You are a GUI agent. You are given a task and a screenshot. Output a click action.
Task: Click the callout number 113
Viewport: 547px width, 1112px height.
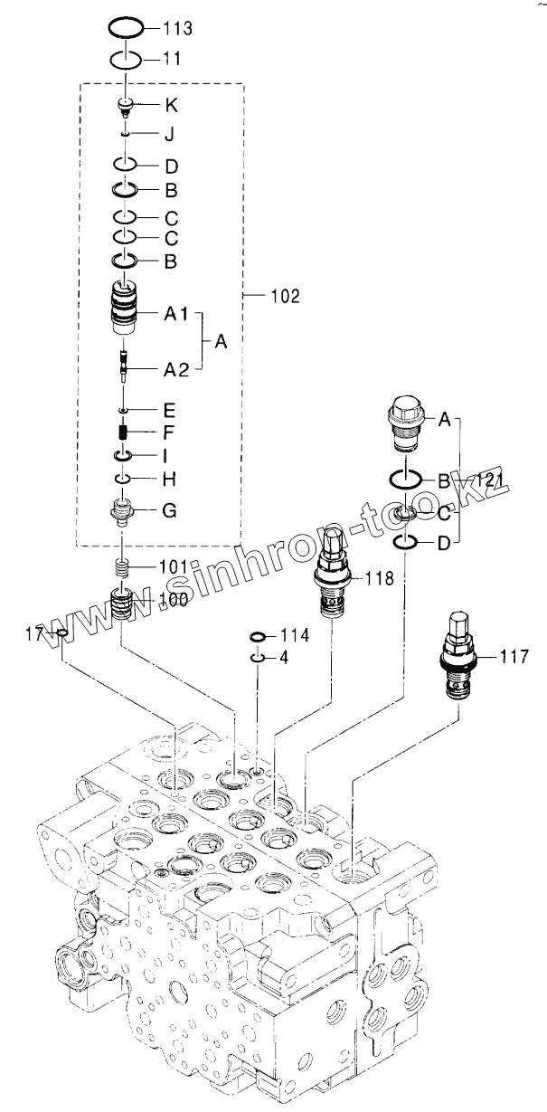(x=177, y=29)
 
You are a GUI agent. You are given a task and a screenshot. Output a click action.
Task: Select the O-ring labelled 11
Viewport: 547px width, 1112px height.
(x=126, y=60)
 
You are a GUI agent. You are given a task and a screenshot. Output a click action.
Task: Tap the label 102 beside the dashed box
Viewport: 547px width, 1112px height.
(x=285, y=295)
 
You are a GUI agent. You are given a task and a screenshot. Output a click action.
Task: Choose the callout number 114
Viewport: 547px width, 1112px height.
(x=294, y=636)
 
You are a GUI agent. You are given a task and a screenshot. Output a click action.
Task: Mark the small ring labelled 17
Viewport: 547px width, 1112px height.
(x=61, y=633)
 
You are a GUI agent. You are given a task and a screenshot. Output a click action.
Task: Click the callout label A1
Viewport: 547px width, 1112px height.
(x=174, y=315)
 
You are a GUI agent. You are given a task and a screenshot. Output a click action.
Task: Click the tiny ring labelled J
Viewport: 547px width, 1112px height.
(x=127, y=134)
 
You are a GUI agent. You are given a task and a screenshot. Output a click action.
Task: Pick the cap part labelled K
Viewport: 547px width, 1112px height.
(x=127, y=107)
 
